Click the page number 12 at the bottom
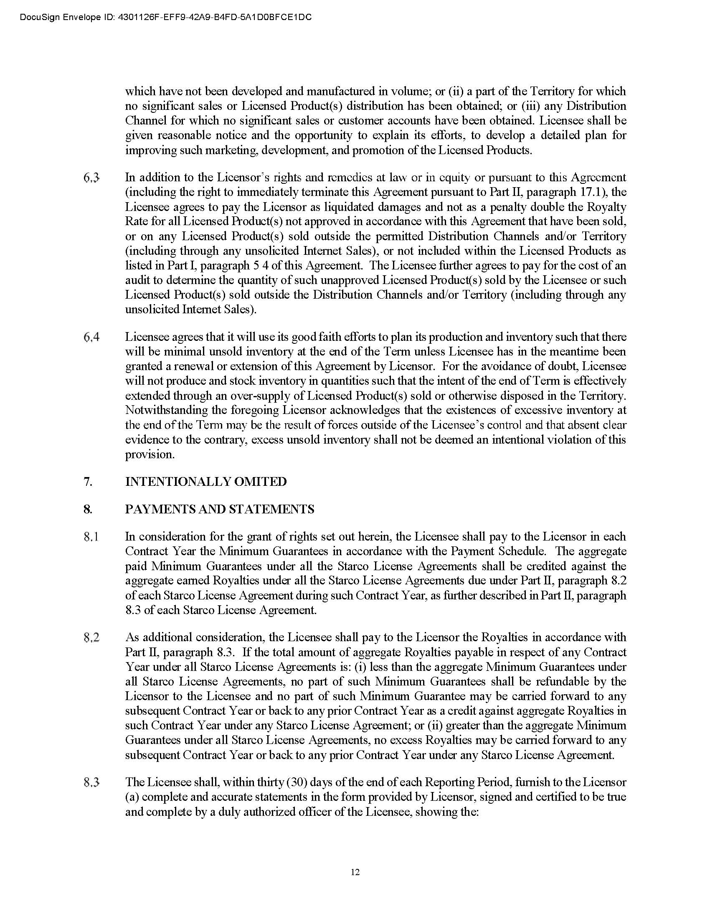[355, 872]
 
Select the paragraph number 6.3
[91, 178]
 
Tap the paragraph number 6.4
[91, 337]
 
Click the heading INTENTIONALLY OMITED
[205, 481]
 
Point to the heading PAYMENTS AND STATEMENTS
[220, 509]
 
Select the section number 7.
[87, 481]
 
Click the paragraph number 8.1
[91, 537]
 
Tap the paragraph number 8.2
[91, 637]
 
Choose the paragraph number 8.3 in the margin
[91, 782]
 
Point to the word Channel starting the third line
[145, 121]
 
